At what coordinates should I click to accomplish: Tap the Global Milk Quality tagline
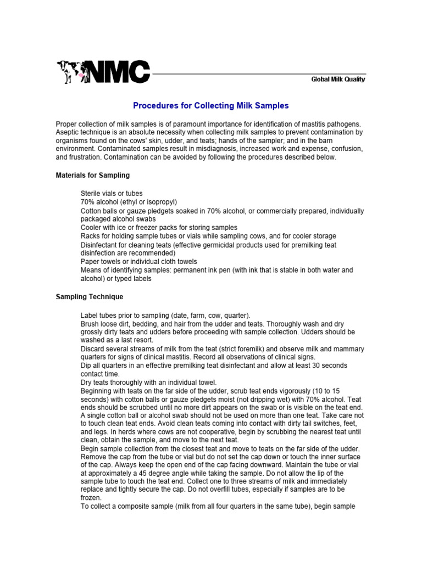click(x=338, y=80)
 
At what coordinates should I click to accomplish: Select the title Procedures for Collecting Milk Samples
click(x=211, y=105)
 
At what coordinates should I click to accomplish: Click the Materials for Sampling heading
click(x=93, y=175)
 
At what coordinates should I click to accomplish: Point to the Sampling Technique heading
click(x=90, y=297)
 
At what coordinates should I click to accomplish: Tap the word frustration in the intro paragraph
click(x=85, y=157)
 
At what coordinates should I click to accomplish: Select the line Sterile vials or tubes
click(x=112, y=194)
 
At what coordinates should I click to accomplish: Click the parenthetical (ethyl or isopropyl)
click(x=146, y=202)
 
